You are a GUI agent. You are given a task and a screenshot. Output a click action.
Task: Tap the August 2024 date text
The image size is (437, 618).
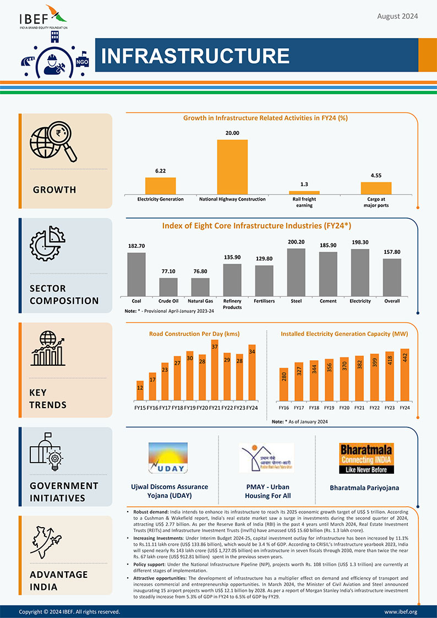(397, 16)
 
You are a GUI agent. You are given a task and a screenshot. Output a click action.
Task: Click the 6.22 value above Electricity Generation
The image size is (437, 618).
(161, 171)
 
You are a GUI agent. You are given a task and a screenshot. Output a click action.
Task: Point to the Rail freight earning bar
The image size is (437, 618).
(304, 192)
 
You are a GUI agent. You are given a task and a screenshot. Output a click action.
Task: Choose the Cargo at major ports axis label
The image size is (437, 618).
(376, 202)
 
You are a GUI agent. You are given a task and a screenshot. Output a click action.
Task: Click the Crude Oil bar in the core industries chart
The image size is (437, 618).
(168, 287)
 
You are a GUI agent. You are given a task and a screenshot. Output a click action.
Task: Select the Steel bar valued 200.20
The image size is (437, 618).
(296, 272)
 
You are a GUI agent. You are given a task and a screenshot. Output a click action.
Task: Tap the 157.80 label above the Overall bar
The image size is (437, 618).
(392, 252)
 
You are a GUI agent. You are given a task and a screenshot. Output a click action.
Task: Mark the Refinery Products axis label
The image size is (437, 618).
(232, 304)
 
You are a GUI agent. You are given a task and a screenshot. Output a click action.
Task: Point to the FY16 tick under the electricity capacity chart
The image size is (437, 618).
(284, 408)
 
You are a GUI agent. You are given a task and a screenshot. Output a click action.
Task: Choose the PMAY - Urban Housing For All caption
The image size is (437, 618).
(267, 491)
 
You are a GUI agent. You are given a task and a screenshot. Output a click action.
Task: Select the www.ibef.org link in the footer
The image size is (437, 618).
(400, 611)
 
